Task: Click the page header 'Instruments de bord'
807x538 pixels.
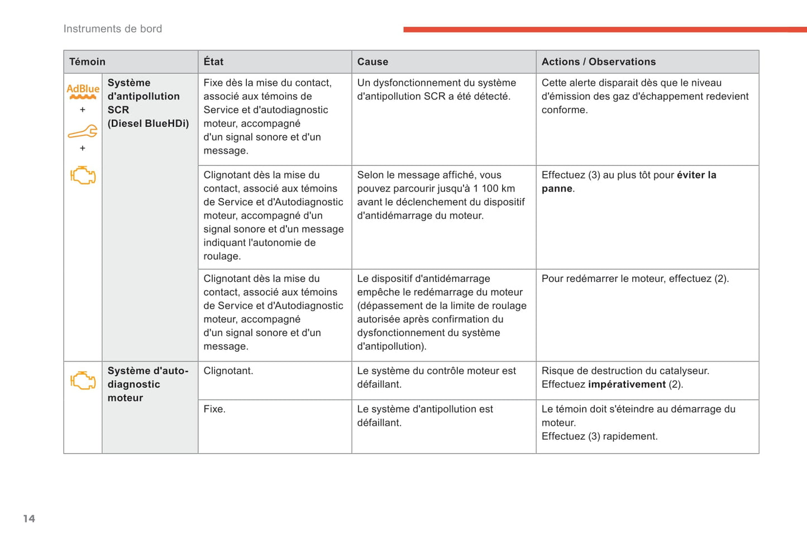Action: [x=112, y=29]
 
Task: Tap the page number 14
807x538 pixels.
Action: [x=29, y=519]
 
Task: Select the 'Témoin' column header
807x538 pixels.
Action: [x=87, y=62]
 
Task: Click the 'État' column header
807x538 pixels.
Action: [x=213, y=62]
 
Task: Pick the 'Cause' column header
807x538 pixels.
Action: [x=373, y=62]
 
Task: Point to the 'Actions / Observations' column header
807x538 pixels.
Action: [x=598, y=62]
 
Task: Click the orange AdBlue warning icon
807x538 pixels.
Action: [x=83, y=91]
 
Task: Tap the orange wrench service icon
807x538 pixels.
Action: [x=83, y=132]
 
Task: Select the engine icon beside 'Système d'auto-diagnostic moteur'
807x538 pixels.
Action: [x=83, y=381]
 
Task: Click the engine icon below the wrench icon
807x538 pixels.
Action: [x=83, y=175]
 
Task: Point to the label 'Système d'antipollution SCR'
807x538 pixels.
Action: [x=143, y=96]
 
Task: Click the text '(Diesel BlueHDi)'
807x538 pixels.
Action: [x=148, y=123]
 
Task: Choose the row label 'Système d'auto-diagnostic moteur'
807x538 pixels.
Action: [x=147, y=384]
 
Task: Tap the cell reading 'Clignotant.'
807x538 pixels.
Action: [x=228, y=371]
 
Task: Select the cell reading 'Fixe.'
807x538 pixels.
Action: [x=214, y=409]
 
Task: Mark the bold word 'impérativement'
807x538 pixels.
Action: [x=627, y=385]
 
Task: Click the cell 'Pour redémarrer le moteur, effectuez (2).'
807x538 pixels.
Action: [x=635, y=278]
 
